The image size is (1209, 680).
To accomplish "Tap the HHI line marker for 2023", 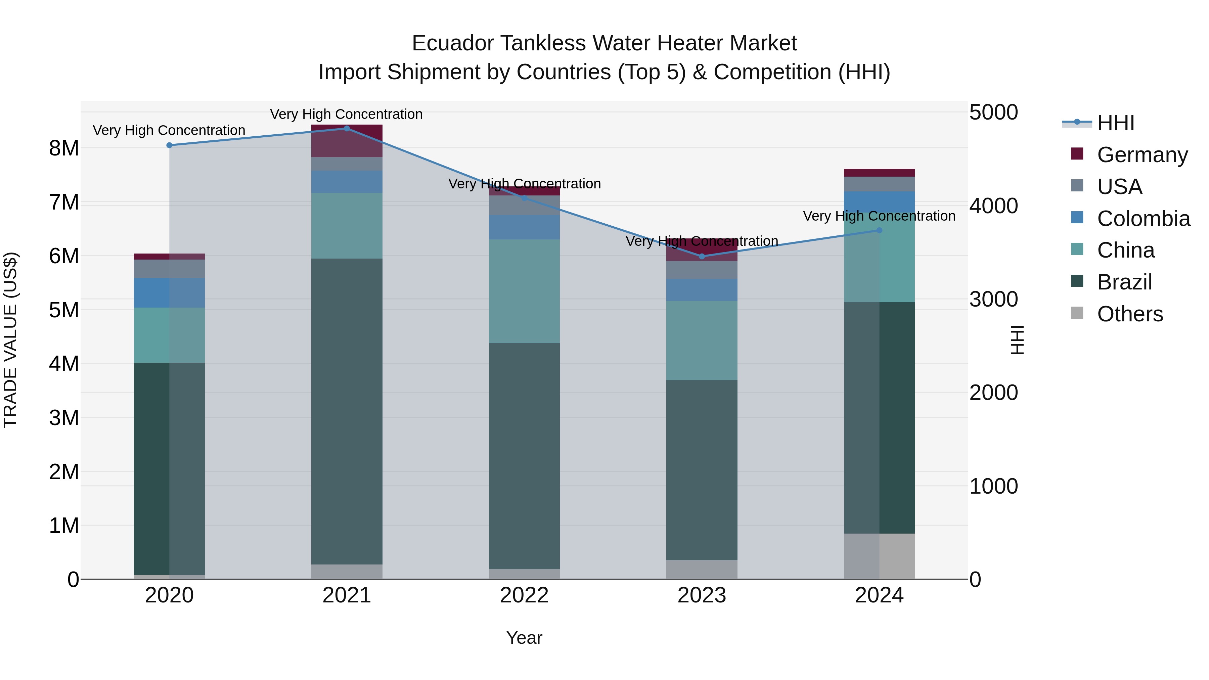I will [x=702, y=257].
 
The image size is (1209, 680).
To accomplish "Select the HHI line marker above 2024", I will [x=880, y=230].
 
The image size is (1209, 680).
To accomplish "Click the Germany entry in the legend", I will [x=1141, y=155].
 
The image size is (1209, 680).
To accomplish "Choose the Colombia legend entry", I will [x=1143, y=219].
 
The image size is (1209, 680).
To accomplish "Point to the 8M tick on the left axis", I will [x=64, y=148].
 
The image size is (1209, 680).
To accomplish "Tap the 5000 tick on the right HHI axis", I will [x=993, y=112].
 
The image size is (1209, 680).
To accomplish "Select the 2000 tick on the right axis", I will [x=993, y=393].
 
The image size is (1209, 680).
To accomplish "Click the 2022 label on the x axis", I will [x=524, y=595].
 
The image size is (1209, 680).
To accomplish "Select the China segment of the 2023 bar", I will [x=702, y=341].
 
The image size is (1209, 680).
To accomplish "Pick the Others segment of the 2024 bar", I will [x=880, y=556].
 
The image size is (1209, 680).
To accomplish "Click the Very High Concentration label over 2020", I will [x=169, y=131].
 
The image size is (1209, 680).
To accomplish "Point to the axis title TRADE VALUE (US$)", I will [x=10, y=340].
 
